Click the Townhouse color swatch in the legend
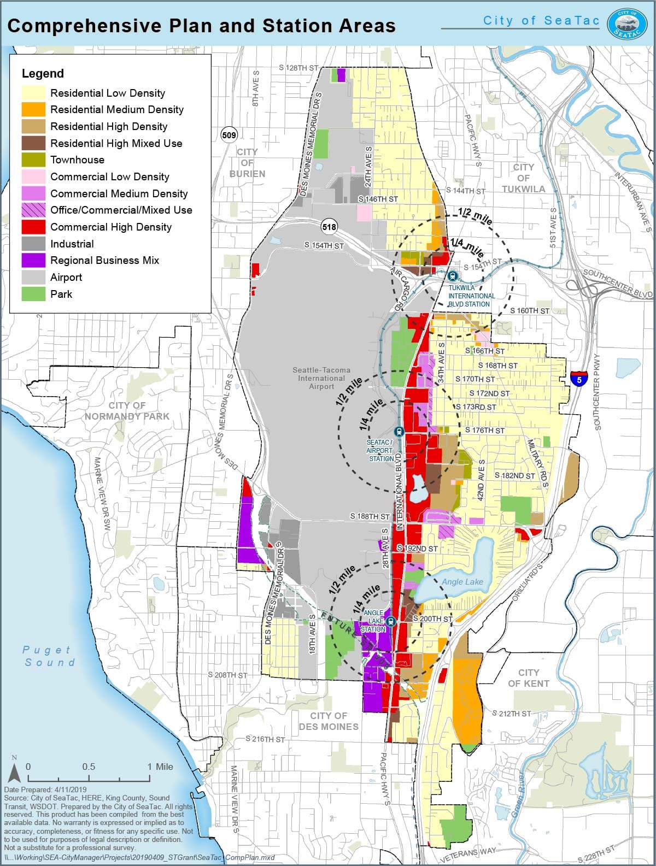(x=33, y=160)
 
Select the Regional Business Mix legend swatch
(x=33, y=261)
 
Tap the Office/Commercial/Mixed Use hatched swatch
(x=33, y=210)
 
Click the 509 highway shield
(x=229, y=134)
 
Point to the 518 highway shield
(x=329, y=227)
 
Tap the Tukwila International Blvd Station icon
(x=452, y=276)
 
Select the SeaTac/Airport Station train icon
(x=399, y=432)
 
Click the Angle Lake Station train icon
(x=390, y=622)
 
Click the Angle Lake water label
(x=462, y=582)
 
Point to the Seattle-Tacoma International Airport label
(x=321, y=378)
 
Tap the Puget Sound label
(x=48, y=656)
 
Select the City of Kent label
(x=528, y=678)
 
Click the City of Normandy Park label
(x=127, y=411)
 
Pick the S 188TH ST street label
(x=370, y=516)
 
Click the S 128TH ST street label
(x=298, y=68)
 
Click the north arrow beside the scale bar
(x=15, y=771)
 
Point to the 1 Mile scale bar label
(x=160, y=767)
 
